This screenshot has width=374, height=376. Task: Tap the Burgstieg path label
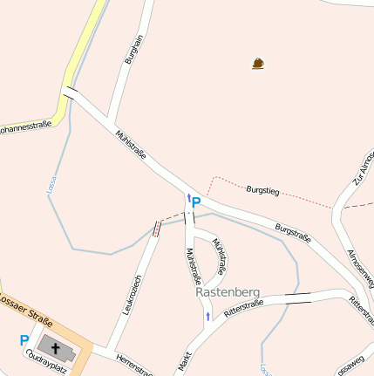[262, 188]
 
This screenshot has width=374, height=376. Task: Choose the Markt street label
[185, 362]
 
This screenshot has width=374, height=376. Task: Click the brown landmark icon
[258, 63]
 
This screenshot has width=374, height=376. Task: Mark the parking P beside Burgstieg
[196, 202]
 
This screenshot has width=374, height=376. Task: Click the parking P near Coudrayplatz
[24, 340]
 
